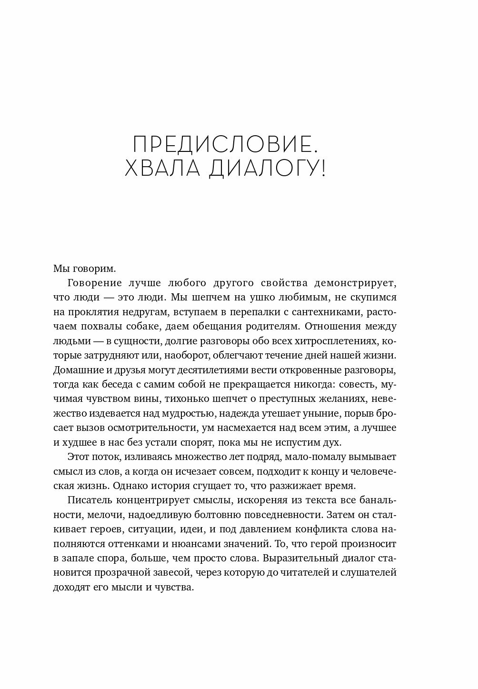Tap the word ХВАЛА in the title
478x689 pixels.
(157, 170)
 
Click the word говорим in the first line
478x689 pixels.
(92, 268)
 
